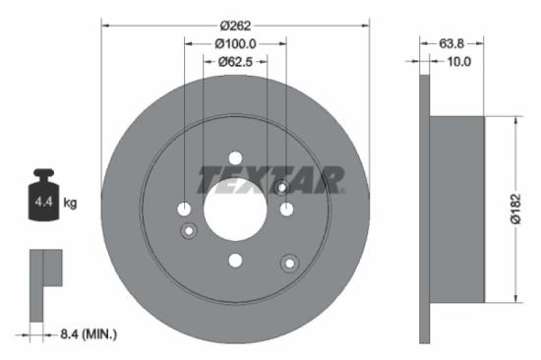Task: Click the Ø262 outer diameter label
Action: coord(234,24)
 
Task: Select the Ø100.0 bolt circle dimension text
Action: coord(235,43)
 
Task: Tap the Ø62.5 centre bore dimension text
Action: coord(235,62)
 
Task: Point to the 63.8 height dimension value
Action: coord(437,43)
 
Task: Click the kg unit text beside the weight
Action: coord(70,203)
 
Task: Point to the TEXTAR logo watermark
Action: coord(271,179)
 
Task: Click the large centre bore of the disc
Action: coord(235,209)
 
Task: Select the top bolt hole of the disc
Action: coord(235,158)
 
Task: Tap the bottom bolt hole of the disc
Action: coord(235,260)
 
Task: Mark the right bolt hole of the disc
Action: coord(286,209)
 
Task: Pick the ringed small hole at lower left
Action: coord(190,230)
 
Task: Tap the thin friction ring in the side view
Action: coord(425,209)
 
